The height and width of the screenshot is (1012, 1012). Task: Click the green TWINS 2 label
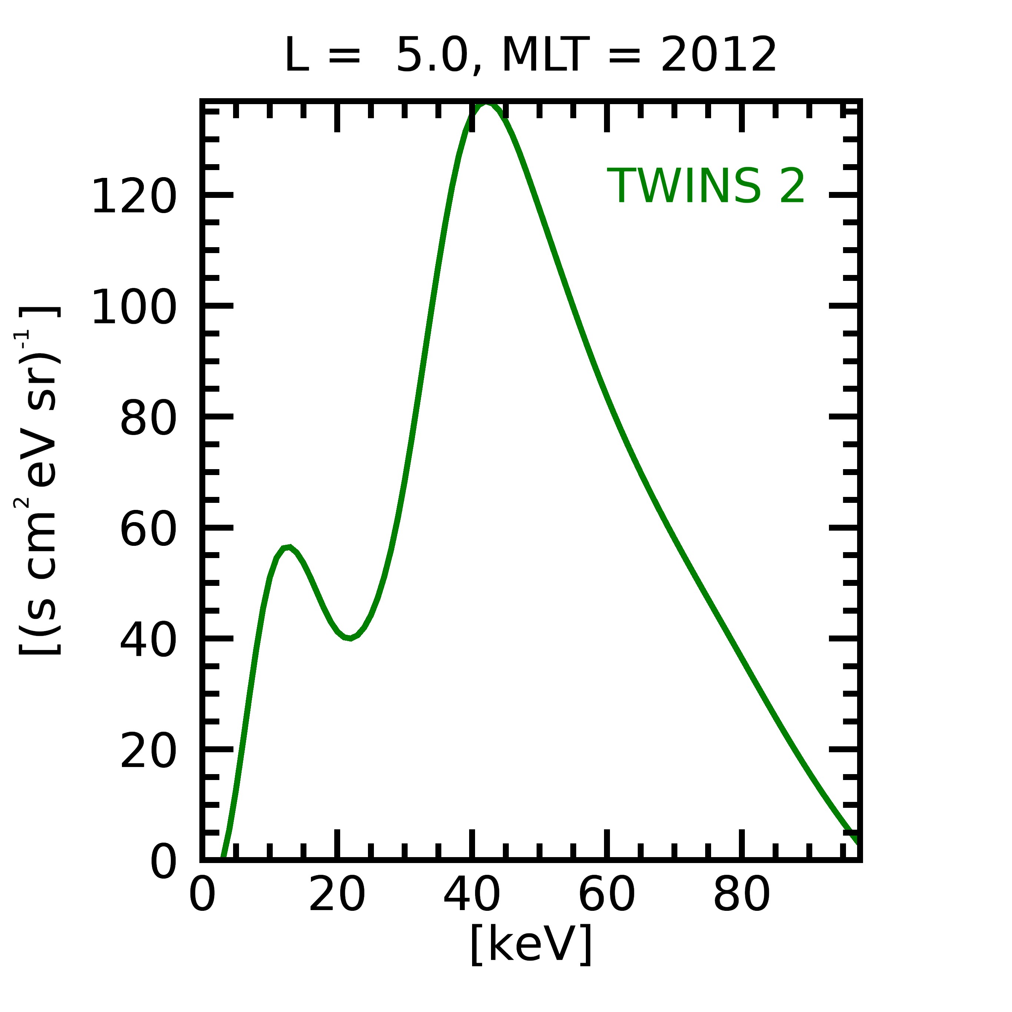point(706,186)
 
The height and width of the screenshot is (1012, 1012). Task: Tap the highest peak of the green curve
point(486,105)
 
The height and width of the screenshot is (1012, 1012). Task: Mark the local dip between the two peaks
point(349,638)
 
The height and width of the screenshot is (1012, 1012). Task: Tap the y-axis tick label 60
point(148,530)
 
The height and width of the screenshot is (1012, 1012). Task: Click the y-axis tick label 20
point(148,751)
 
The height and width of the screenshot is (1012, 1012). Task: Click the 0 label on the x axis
point(202,896)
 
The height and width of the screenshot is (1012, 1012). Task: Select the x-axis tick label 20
point(337,896)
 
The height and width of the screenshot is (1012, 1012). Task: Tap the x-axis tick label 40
point(471,896)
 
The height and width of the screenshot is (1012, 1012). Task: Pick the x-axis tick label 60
point(607,896)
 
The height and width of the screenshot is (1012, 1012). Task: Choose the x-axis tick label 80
point(741,896)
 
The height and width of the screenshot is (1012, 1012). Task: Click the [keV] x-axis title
point(531,944)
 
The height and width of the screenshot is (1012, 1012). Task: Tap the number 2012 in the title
point(718,55)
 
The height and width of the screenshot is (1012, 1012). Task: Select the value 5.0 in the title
point(432,55)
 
